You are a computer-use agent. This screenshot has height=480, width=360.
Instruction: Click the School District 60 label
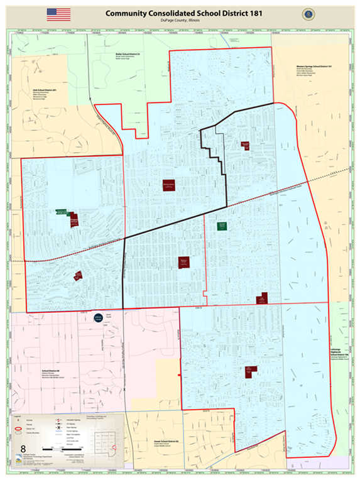pos(50,371)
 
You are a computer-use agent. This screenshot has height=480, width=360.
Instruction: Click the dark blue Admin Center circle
pos(98,319)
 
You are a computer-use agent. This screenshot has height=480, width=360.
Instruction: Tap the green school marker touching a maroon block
pos(62,212)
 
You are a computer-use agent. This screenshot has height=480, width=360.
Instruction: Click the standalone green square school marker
pos(222,225)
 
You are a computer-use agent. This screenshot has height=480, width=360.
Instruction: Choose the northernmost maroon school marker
pos(245,145)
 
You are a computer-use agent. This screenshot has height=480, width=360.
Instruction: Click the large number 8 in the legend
pos(24,449)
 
